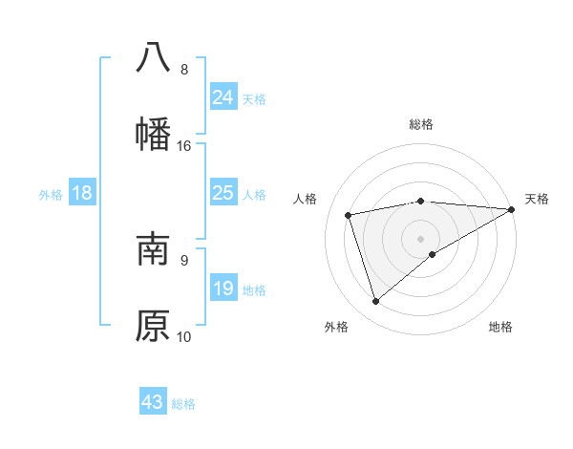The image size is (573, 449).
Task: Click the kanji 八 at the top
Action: click(x=153, y=56)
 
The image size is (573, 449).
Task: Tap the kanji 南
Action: click(x=153, y=248)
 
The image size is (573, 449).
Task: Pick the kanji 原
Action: click(x=153, y=325)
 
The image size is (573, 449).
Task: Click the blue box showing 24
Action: click(x=223, y=97)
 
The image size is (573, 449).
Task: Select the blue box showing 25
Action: click(x=223, y=193)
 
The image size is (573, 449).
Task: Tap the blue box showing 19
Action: click(x=223, y=288)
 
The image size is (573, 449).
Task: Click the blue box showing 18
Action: click(x=82, y=193)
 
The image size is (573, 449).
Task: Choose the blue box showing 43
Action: click(x=153, y=402)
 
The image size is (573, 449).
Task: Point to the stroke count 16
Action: click(x=184, y=146)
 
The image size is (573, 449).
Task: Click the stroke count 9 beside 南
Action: click(x=184, y=259)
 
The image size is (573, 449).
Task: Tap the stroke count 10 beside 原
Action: click(x=184, y=336)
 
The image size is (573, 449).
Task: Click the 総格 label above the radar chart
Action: click(x=421, y=124)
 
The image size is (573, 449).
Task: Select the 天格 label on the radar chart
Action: click(x=537, y=199)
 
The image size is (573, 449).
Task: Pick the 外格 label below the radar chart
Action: click(x=336, y=327)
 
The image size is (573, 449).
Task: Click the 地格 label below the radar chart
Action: click(x=500, y=327)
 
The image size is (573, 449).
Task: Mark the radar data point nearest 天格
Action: click(x=511, y=209)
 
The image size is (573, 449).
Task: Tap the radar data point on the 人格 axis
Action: click(x=349, y=214)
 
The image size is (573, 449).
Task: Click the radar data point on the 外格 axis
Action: click(x=375, y=302)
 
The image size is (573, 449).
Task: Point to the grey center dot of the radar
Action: click(x=421, y=237)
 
